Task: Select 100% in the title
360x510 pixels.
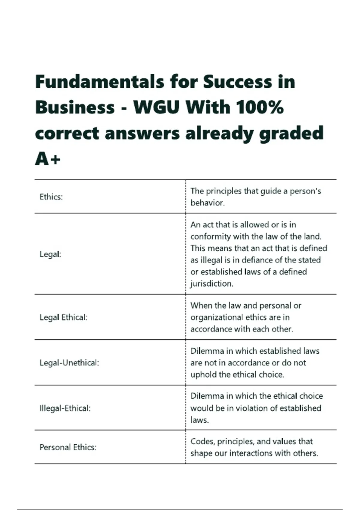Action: (x=259, y=107)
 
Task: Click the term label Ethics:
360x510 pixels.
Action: (x=51, y=197)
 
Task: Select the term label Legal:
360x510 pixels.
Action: (x=50, y=254)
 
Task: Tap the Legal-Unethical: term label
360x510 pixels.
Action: (x=69, y=363)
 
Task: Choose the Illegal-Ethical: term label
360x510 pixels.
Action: (x=65, y=408)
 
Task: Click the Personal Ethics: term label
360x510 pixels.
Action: (x=68, y=447)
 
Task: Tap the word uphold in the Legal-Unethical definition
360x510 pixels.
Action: (x=202, y=374)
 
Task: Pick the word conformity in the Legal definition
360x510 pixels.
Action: (x=211, y=236)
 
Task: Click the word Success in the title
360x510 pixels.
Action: (x=237, y=82)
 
